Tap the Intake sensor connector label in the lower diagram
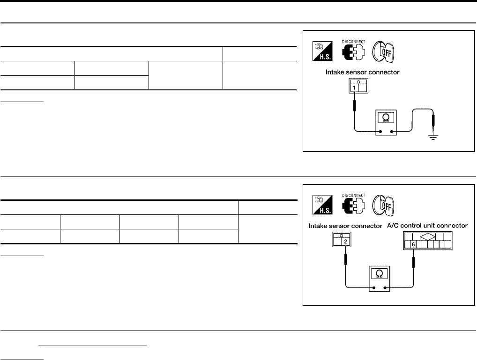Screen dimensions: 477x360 coord(346,226)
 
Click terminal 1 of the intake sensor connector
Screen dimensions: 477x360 coord(355,88)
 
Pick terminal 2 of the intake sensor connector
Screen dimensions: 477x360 coord(345,242)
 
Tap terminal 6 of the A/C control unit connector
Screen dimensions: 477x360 coord(413,244)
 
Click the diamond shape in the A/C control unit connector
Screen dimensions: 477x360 coord(427,237)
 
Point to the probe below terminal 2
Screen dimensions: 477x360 coord(345,258)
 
